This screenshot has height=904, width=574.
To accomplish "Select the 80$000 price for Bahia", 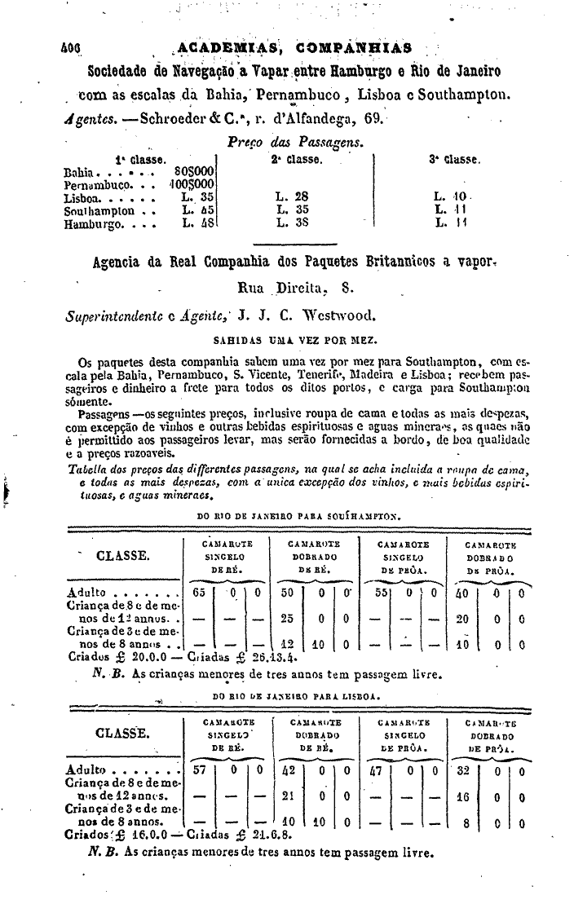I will [x=194, y=173].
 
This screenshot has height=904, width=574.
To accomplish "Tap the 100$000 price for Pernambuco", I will [x=192, y=185].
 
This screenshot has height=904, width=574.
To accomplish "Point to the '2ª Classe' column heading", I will [x=296, y=160].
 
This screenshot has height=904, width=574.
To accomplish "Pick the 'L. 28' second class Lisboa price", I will [x=292, y=196].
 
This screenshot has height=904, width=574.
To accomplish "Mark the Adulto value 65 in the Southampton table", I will [x=199, y=593].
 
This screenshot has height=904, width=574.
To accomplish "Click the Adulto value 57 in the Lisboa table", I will [x=198, y=769].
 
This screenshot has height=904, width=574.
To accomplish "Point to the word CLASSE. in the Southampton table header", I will [x=123, y=556].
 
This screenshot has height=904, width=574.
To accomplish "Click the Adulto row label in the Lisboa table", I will [x=86, y=769].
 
